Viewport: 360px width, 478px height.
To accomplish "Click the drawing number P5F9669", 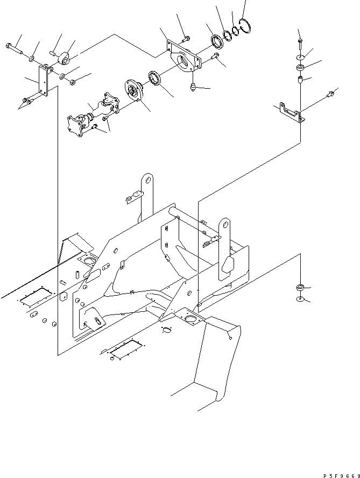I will (x=341, y=473).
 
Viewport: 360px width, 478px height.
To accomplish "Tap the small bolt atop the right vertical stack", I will (x=300, y=42).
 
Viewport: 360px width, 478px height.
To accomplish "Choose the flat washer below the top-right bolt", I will (x=300, y=56).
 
